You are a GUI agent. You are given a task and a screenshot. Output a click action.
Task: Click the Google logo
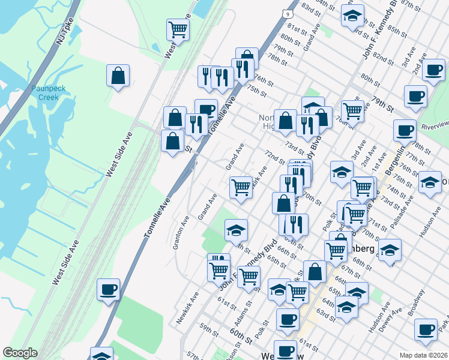[x=20, y=353]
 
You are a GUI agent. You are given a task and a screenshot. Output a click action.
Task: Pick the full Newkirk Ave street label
[x=187, y=308]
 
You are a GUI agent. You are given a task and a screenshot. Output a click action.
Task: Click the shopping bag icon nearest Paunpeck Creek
[x=118, y=76]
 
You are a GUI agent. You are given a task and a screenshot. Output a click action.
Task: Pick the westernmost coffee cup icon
[x=109, y=289]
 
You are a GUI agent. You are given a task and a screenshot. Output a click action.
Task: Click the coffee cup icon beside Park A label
[x=426, y=329]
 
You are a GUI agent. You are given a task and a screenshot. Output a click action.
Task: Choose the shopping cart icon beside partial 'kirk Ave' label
[x=241, y=187]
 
